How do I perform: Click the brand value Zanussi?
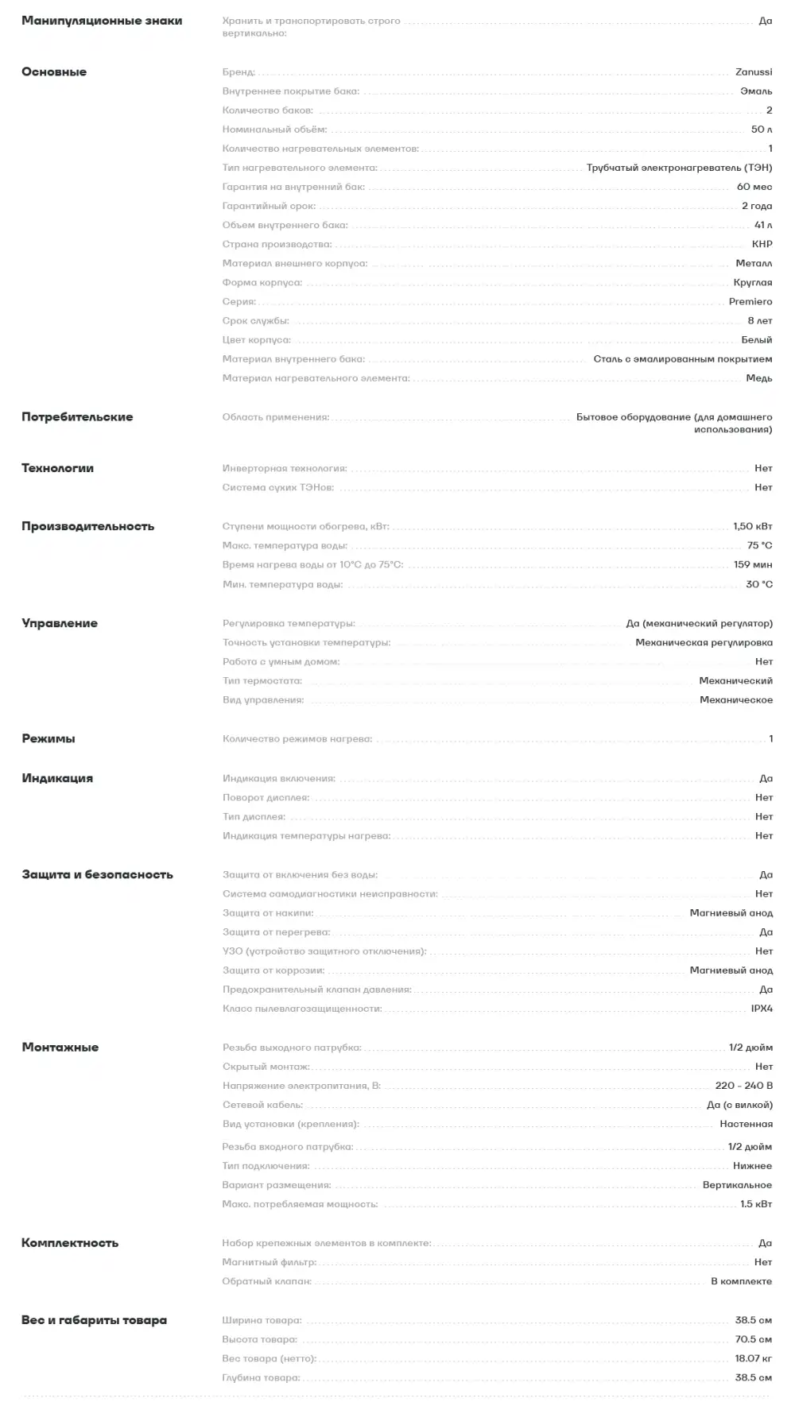(x=753, y=72)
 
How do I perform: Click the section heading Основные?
(x=54, y=72)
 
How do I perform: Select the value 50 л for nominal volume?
(x=761, y=130)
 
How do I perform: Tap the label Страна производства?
(x=277, y=245)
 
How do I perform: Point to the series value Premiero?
(x=750, y=302)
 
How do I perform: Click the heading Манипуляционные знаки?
(x=102, y=21)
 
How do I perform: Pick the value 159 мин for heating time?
(x=752, y=565)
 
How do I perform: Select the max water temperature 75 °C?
(x=759, y=546)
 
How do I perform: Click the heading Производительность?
(x=87, y=527)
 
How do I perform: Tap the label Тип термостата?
(x=262, y=681)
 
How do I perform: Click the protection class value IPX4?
(x=761, y=1009)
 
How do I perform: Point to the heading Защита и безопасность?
(x=97, y=875)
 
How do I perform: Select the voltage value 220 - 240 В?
(x=743, y=1086)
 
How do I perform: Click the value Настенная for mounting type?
(x=746, y=1124)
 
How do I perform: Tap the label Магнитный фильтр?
(x=269, y=1262)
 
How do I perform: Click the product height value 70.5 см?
(x=753, y=1339)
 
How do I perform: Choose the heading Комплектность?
(x=70, y=1243)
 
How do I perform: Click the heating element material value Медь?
(x=758, y=378)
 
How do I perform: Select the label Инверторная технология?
(x=284, y=469)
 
